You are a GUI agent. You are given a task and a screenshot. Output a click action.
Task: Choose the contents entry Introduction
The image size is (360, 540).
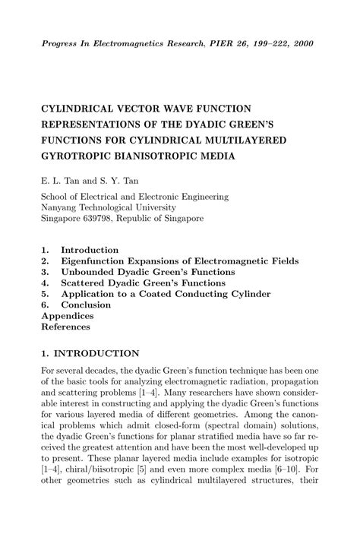click(90, 250)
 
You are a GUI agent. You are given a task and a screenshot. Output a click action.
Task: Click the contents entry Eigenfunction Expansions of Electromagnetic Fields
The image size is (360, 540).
click(179, 261)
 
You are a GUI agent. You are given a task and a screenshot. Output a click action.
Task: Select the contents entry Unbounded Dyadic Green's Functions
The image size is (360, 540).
click(148, 272)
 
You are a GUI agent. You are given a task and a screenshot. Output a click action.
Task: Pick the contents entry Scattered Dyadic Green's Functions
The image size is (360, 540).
click(144, 283)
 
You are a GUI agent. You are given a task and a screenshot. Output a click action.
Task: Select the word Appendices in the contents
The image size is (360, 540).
click(68, 316)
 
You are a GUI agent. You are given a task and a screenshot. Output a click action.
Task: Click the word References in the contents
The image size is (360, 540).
click(65, 327)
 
